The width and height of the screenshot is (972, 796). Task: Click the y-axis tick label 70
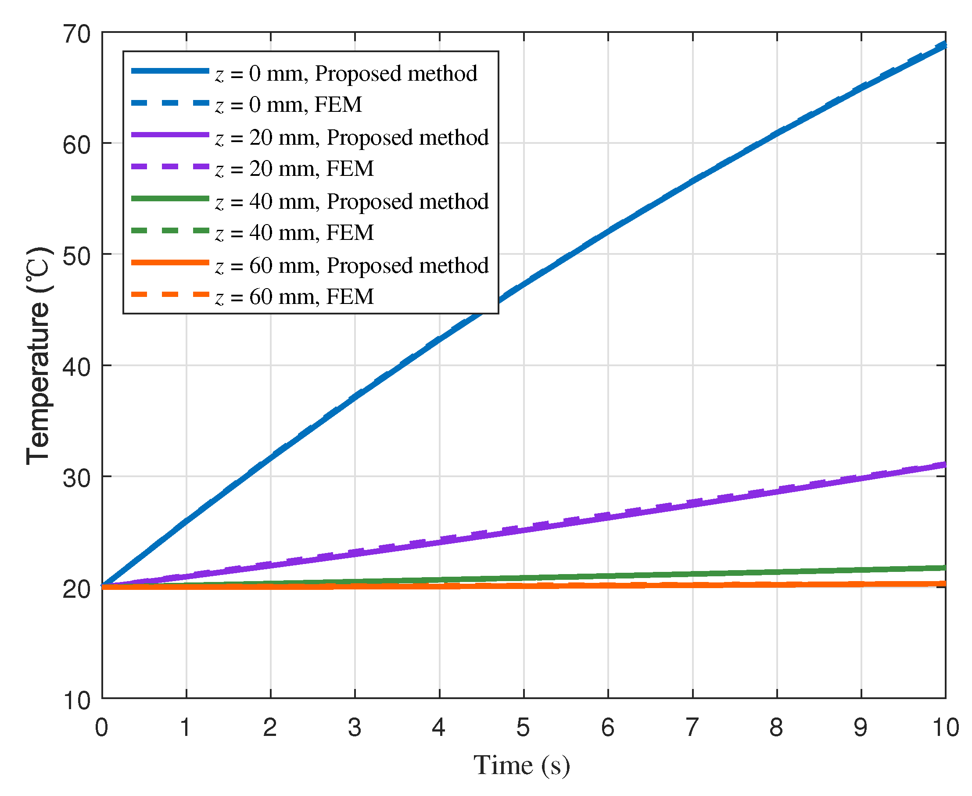(x=77, y=35)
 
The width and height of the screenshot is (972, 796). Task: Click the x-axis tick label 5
(x=524, y=727)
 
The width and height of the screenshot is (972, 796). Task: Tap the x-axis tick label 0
(x=101, y=727)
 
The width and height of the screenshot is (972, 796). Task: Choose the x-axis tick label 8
(x=776, y=727)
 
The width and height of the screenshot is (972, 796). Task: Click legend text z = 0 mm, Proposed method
(x=346, y=73)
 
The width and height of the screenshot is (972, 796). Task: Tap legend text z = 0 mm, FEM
(x=288, y=105)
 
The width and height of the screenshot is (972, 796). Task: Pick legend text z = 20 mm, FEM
(x=294, y=169)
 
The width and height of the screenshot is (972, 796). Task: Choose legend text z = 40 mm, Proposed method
(x=352, y=201)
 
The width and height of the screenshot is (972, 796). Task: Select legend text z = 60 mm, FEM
(x=294, y=296)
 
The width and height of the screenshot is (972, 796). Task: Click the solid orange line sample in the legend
(x=170, y=262)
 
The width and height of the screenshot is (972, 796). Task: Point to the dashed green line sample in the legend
(x=170, y=230)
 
